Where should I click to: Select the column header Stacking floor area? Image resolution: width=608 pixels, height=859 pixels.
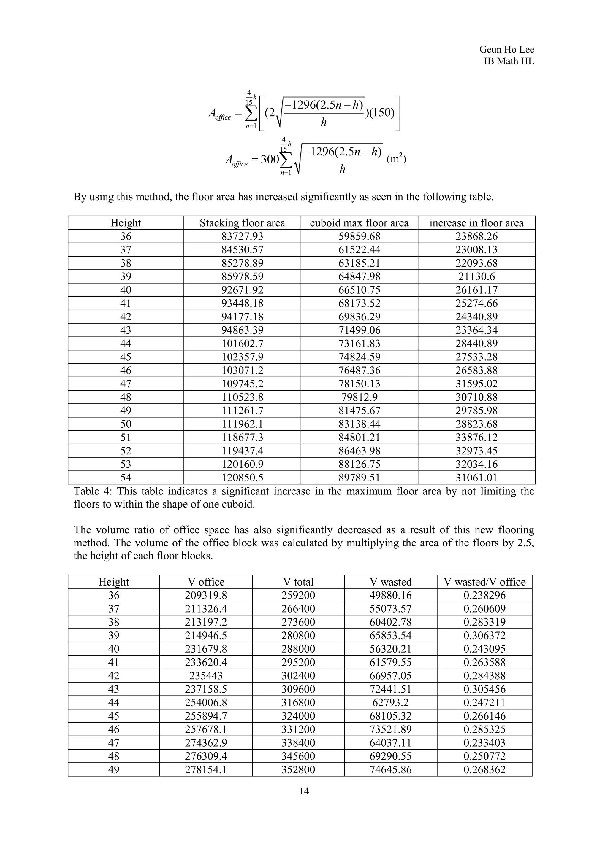242,223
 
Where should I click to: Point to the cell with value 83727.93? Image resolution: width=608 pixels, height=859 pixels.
242,236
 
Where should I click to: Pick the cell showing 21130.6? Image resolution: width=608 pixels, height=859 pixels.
476,276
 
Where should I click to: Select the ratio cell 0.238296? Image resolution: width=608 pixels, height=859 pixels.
484,595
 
